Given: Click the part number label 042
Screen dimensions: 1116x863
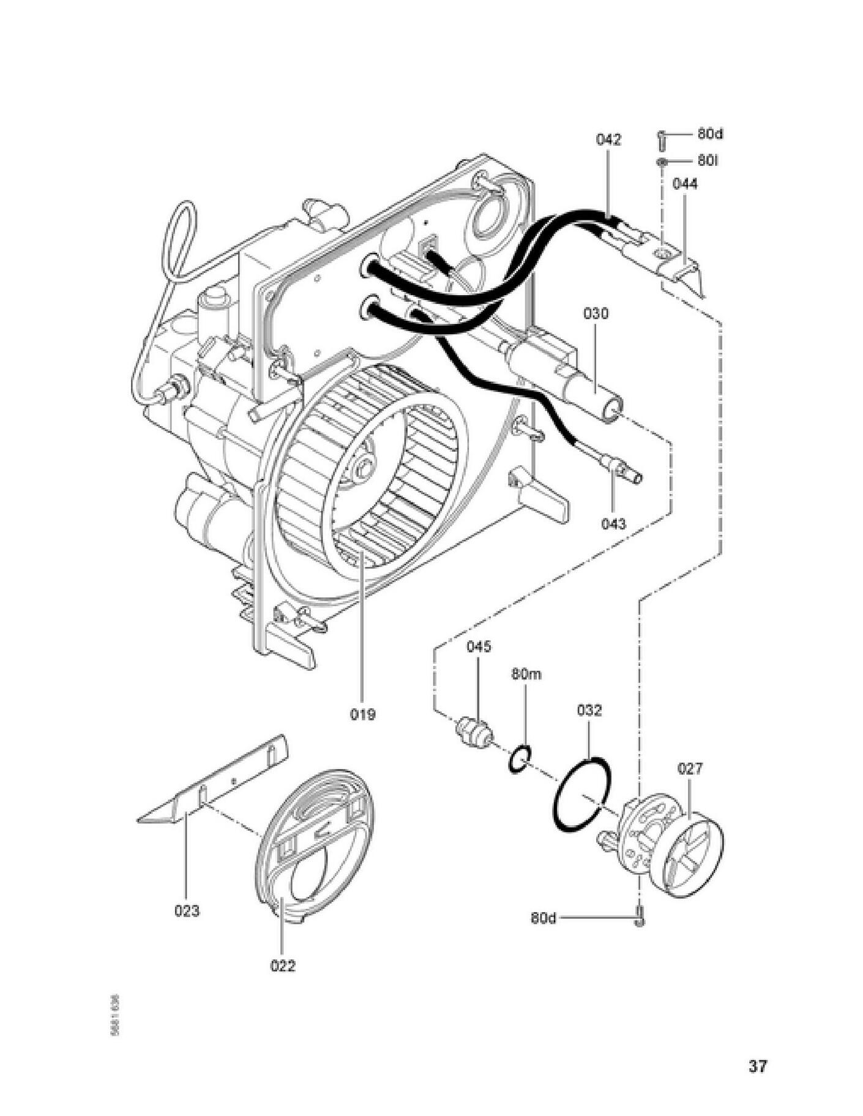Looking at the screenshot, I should [608, 140].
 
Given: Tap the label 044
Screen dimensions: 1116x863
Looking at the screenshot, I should [685, 184].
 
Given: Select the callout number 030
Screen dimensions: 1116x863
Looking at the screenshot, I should [596, 314].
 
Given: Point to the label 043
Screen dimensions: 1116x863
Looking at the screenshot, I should [613, 523].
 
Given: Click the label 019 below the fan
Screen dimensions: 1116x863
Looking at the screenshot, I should [363, 714].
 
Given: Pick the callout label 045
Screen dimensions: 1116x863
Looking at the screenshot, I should [479, 647].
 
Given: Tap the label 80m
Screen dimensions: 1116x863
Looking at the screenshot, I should [526, 675].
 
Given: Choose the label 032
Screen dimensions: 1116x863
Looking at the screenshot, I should [589, 711].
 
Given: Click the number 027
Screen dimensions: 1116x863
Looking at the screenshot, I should [690, 768].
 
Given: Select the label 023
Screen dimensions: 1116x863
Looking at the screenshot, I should [187, 911].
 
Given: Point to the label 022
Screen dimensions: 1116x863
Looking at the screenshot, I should [283, 966].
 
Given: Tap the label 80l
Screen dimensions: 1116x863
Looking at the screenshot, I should [707, 160].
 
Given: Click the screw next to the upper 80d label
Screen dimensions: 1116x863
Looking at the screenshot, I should [662, 139].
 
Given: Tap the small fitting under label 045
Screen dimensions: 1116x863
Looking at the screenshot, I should [473, 731].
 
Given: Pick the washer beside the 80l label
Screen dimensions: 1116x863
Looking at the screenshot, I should [662, 162].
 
